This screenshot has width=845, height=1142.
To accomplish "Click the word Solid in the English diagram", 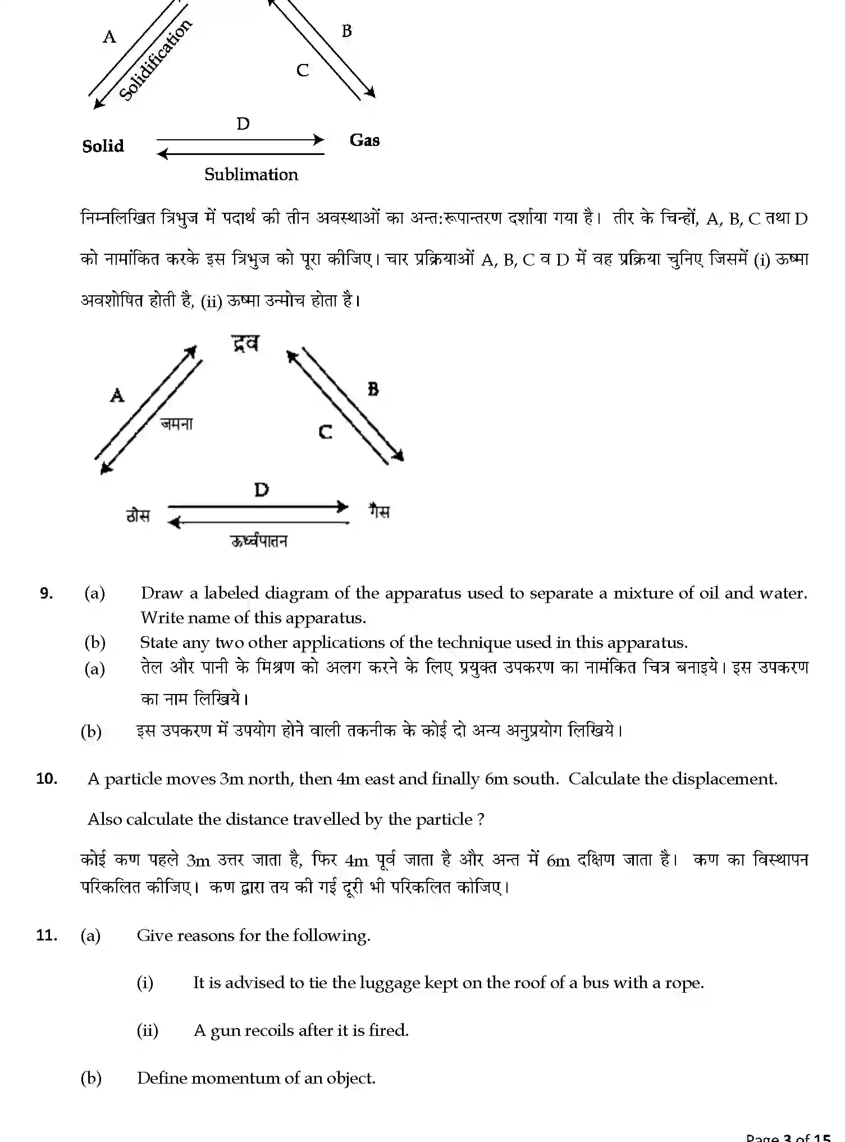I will (x=103, y=146).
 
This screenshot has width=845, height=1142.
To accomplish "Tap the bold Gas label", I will (x=364, y=140).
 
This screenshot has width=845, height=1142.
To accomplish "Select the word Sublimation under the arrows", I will (x=251, y=175).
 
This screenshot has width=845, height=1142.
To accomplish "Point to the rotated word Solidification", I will (x=156, y=60).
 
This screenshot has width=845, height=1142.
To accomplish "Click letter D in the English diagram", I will (x=243, y=124).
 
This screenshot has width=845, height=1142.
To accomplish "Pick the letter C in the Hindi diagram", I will (x=325, y=432).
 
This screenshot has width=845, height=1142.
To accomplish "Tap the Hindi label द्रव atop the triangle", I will (x=246, y=343).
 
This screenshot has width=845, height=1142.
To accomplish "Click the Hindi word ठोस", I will (x=138, y=514).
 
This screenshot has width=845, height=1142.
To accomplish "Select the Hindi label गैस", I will (x=379, y=511).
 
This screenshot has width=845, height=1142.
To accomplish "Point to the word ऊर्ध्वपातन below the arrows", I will (x=259, y=541).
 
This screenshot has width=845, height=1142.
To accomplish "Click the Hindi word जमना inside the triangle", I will (x=176, y=424).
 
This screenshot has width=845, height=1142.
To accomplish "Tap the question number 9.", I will (x=46, y=593).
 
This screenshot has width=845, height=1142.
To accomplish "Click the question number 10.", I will (x=47, y=779).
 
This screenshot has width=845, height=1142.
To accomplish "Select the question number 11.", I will (x=47, y=935).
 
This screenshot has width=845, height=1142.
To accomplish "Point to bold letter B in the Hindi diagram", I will (x=373, y=389).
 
